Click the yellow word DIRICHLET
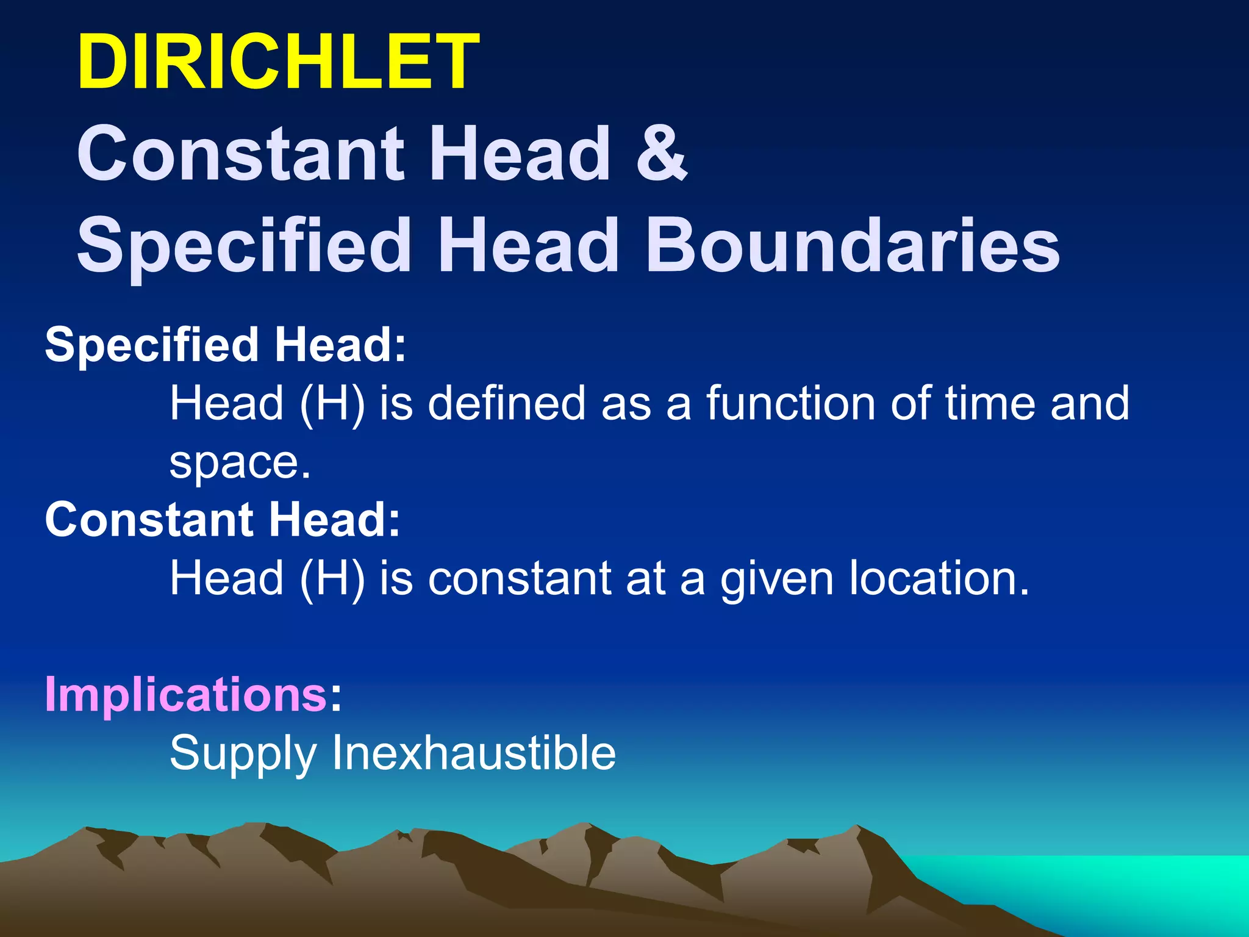(278, 62)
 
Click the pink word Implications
(186, 694)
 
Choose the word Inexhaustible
(473, 753)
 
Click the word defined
(507, 403)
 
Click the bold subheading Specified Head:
(226, 345)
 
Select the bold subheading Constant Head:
(223, 520)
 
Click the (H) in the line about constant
(332, 579)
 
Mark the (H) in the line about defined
(332, 404)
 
